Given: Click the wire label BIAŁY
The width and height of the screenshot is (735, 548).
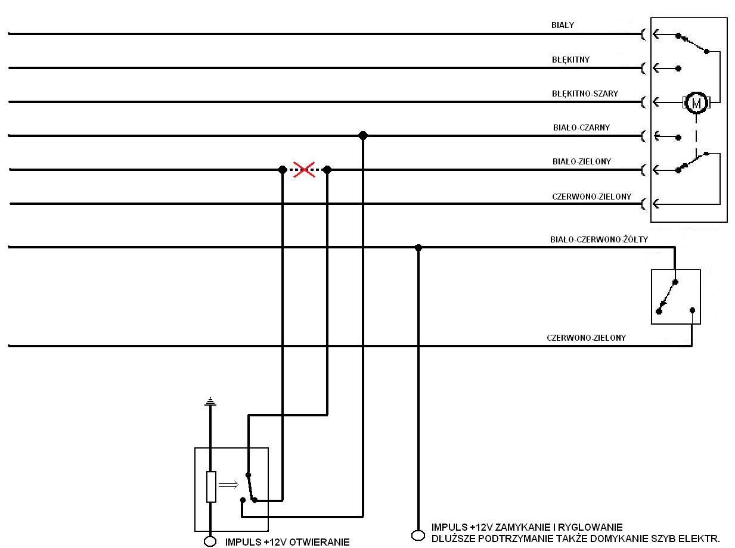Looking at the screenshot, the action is (x=563, y=25).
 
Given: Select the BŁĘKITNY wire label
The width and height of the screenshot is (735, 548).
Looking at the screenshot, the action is (x=570, y=60).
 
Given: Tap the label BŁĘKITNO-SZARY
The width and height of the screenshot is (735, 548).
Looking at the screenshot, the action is (x=585, y=94).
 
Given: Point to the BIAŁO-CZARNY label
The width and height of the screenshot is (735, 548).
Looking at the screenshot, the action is (x=581, y=127).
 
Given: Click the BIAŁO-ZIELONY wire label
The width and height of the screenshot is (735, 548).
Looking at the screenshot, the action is (x=582, y=161).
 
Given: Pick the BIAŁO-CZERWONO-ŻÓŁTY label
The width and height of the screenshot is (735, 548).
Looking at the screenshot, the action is (x=599, y=239).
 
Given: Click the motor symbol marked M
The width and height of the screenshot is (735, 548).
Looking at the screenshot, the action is (x=696, y=103).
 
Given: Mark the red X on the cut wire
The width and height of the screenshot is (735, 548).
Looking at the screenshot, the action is (x=304, y=170).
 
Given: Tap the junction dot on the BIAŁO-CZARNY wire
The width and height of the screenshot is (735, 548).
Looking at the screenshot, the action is (x=363, y=135).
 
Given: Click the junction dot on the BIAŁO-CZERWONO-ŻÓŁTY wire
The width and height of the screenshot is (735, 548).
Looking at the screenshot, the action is (x=418, y=248).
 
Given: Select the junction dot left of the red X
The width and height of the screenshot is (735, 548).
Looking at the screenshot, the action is (x=283, y=170).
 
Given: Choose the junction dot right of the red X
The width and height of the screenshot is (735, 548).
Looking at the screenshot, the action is (x=327, y=170).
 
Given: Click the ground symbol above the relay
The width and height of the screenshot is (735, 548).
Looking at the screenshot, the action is (x=210, y=401).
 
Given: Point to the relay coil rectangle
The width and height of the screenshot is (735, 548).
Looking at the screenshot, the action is (x=211, y=487).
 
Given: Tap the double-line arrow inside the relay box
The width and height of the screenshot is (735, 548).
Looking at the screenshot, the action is (x=228, y=484).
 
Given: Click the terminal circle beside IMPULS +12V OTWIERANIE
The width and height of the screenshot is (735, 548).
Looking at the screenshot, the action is (x=210, y=541).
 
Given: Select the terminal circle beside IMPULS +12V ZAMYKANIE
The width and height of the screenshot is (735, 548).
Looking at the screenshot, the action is (x=418, y=535).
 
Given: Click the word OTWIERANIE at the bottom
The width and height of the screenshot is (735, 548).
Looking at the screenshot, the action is (x=319, y=542).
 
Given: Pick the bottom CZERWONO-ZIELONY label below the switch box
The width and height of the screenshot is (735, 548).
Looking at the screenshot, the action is (x=587, y=338).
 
